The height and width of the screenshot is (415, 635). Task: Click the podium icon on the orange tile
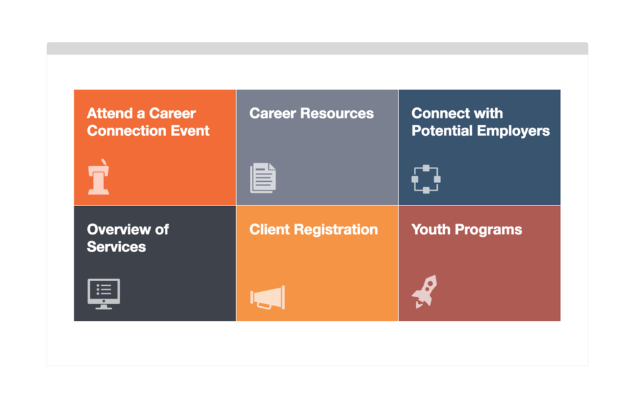point(99,176)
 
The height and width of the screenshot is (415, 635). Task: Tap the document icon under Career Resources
point(263,178)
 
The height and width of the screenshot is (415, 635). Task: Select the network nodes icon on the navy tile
point(426,179)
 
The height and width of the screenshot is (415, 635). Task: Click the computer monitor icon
point(103,294)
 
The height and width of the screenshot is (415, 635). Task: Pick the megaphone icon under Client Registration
point(268,297)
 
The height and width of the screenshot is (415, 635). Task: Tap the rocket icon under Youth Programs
point(424,292)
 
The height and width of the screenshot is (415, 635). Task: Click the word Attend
point(109,114)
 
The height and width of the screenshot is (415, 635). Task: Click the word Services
point(116,247)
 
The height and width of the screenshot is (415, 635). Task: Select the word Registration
point(336,230)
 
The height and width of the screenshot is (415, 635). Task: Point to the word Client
point(270,229)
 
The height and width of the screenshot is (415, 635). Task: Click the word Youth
point(431,229)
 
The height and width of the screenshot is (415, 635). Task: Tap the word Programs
point(488,230)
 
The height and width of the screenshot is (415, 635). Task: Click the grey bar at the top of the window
point(317,48)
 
